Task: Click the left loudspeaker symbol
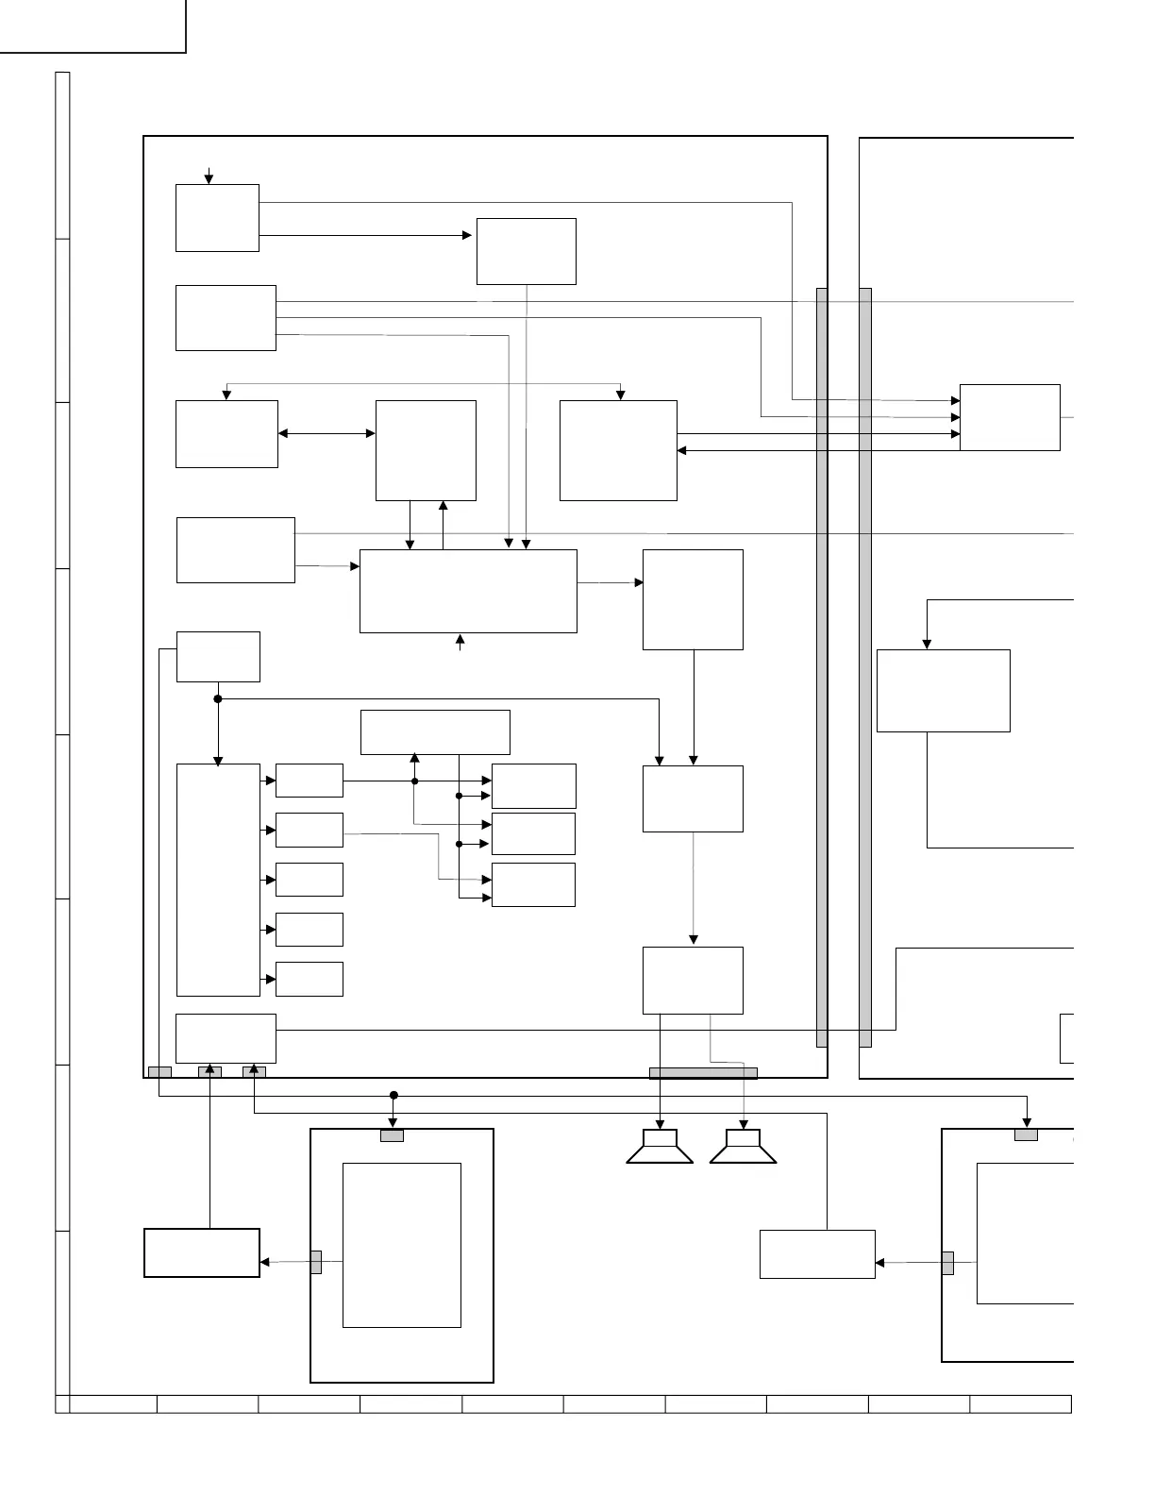660,1147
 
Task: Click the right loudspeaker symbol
743,1147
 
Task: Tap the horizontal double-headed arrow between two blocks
326,433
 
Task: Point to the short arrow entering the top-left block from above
209,176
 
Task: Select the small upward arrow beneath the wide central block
460,643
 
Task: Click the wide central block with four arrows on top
468,591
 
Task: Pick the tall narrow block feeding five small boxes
218,880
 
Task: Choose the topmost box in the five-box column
309,781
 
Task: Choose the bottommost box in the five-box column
309,979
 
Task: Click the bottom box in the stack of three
533,884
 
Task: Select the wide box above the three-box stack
435,731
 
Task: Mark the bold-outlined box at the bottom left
201,1252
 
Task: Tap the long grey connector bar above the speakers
703,1072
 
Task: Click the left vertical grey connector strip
822,667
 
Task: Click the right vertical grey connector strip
864,667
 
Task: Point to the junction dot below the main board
394,1095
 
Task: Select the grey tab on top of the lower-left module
392,1135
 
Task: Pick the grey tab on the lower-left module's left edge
316,1262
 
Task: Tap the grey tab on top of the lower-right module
1026,1134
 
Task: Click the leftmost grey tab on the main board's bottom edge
159,1071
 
